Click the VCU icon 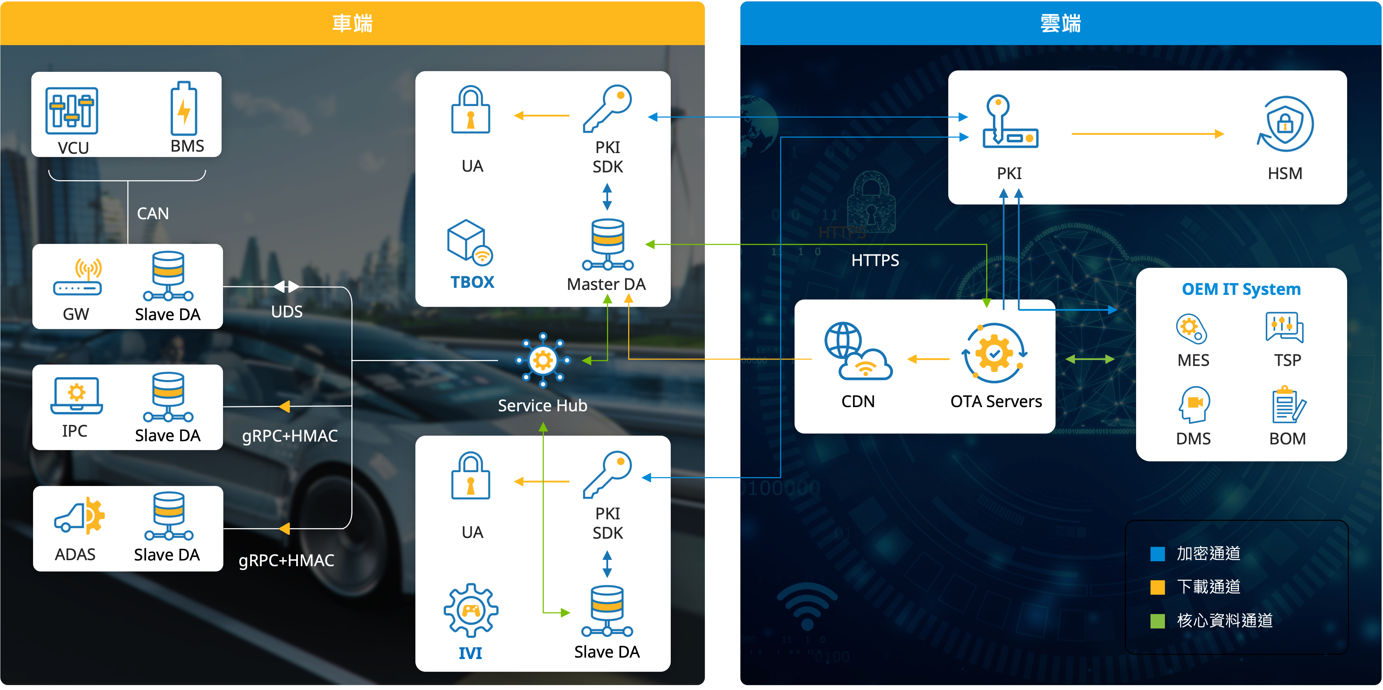pos(71,110)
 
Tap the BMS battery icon pos(184,109)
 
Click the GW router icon pos(77,277)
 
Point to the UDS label pos(287,311)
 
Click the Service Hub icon pos(543,360)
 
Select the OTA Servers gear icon pos(995,353)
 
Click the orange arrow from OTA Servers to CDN pos(928,359)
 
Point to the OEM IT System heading pos(1241,289)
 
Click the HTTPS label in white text pos(875,260)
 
